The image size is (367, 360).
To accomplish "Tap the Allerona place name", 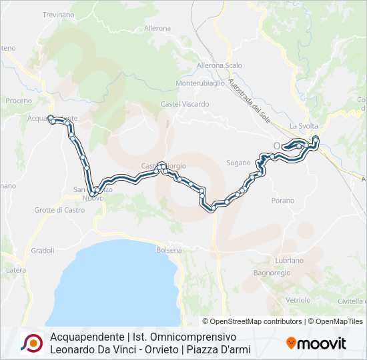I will [x=157, y=29].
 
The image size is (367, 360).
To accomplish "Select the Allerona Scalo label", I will [x=219, y=65].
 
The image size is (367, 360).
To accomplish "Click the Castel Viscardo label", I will [x=185, y=104].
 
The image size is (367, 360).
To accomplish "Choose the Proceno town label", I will [x=19, y=101].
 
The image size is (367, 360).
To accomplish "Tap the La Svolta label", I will [x=304, y=126].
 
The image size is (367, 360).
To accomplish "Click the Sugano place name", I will [x=238, y=163].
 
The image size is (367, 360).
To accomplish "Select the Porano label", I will [x=283, y=200].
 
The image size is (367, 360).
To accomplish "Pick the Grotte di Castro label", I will [x=60, y=210].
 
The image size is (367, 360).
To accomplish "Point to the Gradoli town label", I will [x=42, y=251].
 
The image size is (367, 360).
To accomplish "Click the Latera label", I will [x=16, y=270].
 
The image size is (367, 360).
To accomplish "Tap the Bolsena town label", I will [x=169, y=250].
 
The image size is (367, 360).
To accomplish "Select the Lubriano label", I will [x=288, y=261].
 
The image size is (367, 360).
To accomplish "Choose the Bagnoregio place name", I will [x=270, y=273].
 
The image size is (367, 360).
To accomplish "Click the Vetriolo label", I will [x=298, y=301].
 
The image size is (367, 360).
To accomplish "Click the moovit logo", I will [x=316, y=343].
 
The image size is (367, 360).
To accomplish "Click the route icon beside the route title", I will [x=31, y=343].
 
